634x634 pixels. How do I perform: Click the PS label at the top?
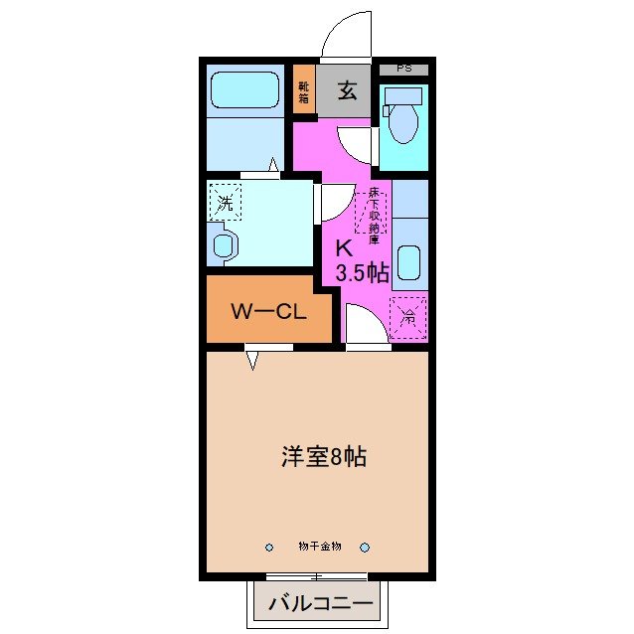(404, 69)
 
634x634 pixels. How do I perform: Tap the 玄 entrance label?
(346, 91)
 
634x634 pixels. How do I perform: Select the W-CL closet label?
(266, 311)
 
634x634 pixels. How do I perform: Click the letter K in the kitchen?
(343, 248)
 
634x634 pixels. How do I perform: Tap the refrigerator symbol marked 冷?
(408, 318)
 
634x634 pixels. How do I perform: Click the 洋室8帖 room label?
(324, 457)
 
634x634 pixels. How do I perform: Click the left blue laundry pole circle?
(269, 547)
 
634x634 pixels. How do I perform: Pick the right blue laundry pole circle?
(365, 547)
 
